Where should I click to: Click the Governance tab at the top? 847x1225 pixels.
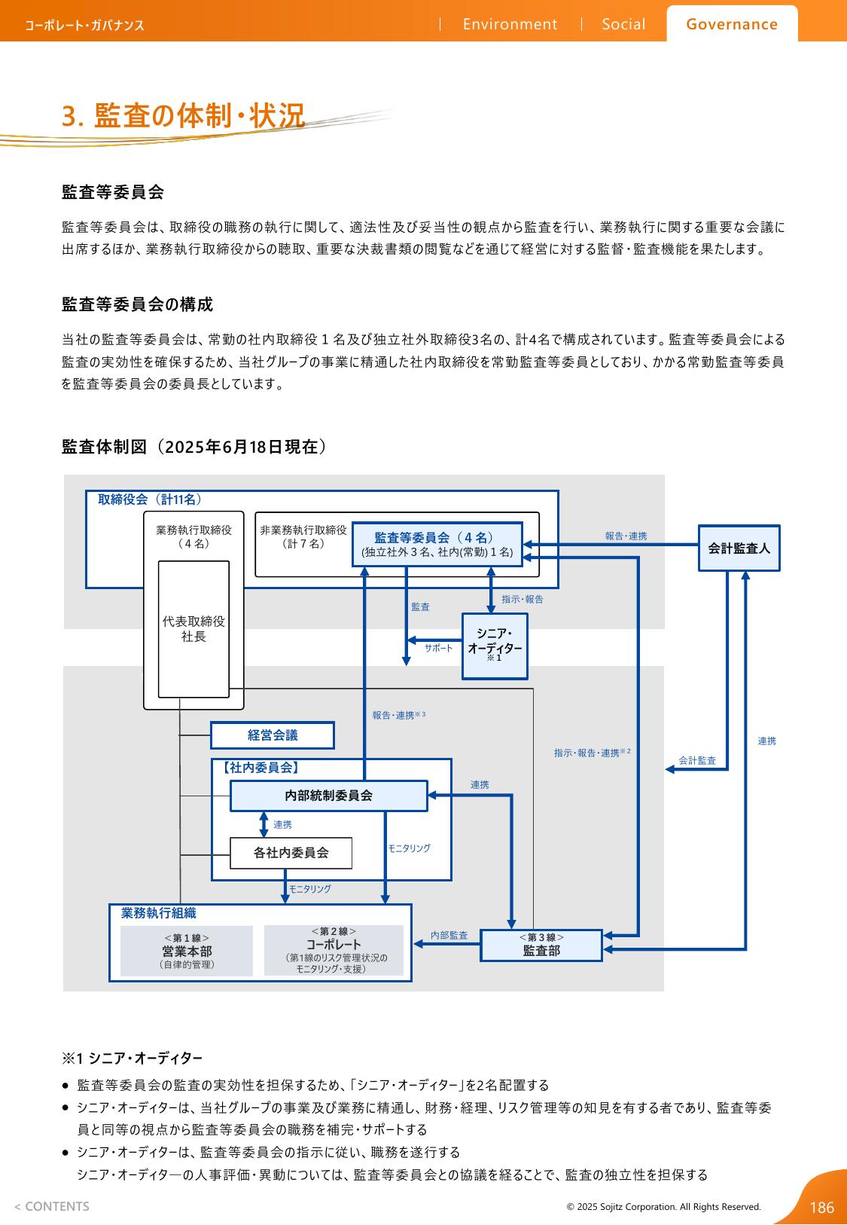[x=732, y=24]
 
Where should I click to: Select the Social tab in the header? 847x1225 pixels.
[x=623, y=24]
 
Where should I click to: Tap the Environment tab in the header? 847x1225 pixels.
[x=510, y=24]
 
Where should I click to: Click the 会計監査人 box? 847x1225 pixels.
[x=739, y=548]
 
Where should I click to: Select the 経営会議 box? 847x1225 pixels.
[x=272, y=735]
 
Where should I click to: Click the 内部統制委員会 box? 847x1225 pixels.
[x=328, y=795]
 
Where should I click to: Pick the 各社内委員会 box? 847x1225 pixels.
[x=291, y=853]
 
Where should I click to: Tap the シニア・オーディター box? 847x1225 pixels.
[x=495, y=646]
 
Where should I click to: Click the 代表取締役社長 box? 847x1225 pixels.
[x=193, y=629]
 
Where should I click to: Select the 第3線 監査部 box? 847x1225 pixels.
[x=541, y=945]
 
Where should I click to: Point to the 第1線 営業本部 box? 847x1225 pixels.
[x=187, y=951]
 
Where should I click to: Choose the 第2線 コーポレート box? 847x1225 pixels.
[x=334, y=950]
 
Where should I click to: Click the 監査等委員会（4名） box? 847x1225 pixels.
[x=437, y=544]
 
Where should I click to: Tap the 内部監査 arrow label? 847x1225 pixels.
[x=449, y=935]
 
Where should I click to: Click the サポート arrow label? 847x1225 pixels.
[x=439, y=648]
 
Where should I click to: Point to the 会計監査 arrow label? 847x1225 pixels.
[x=697, y=760]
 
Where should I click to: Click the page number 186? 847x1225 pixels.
[x=822, y=1208]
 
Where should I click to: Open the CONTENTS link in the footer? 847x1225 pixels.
[x=52, y=1206]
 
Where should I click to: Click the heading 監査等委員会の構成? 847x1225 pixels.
[x=137, y=304]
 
